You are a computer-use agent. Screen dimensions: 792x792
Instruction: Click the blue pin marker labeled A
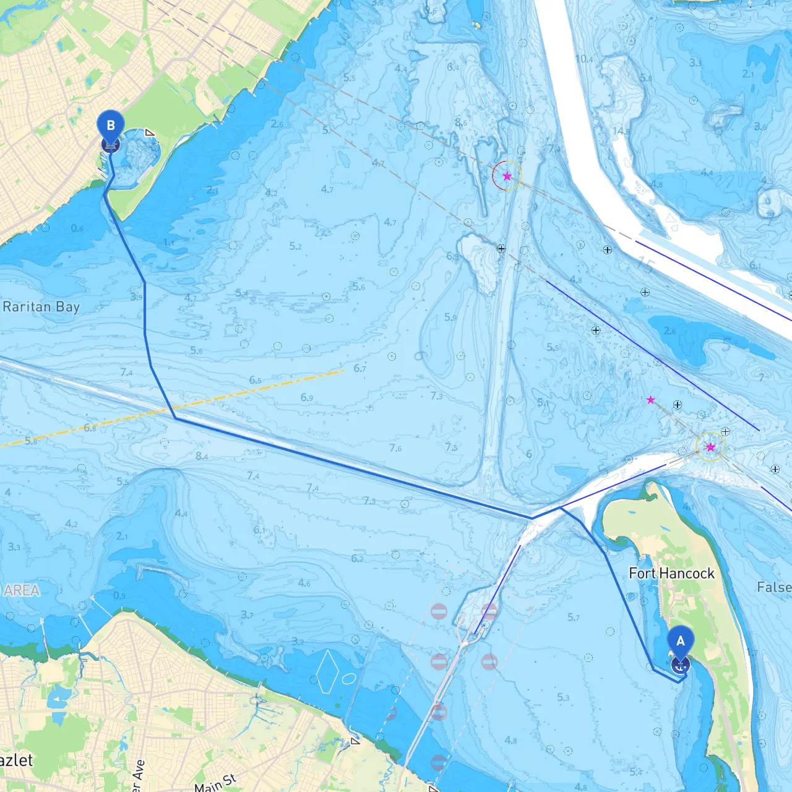[681, 642]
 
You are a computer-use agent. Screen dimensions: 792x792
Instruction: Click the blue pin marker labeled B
[111, 126]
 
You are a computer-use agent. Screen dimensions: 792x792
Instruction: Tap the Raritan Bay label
[41, 307]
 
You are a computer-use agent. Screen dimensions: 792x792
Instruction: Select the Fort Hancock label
[671, 574]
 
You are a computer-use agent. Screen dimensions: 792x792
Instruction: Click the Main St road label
[215, 783]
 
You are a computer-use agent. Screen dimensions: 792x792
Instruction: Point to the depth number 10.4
[583, 59]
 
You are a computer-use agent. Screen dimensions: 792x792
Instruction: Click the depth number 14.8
[621, 131]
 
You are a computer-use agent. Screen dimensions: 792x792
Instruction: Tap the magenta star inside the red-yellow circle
[507, 176]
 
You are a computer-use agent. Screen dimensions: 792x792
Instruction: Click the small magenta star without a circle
[650, 400]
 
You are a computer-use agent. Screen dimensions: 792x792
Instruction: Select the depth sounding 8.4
[202, 456]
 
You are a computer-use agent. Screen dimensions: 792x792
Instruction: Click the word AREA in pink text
[22, 590]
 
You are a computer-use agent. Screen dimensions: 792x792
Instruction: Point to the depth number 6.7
[359, 368]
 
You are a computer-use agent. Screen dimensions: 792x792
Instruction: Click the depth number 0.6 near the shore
[77, 228]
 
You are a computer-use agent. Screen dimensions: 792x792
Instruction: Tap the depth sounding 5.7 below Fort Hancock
[574, 617]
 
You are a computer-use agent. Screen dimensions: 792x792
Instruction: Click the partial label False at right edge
[774, 587]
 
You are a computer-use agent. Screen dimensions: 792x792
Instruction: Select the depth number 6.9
[306, 397]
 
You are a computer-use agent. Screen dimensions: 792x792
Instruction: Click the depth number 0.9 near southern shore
[119, 596]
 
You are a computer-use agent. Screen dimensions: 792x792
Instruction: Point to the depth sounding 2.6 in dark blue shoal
[669, 331]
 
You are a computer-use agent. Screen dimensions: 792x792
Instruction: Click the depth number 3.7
[247, 614]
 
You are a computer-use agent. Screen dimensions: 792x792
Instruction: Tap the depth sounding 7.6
[395, 448]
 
